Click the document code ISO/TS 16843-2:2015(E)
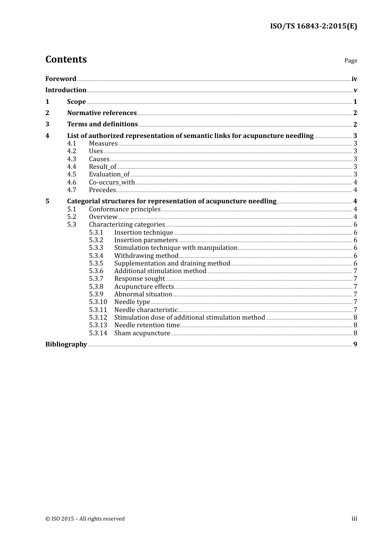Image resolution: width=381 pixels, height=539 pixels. pos(313,26)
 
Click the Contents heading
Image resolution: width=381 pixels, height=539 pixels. pos(66,59)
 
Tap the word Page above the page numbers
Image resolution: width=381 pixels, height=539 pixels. pos(351,61)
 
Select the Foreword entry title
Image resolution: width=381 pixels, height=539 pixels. pos(61,79)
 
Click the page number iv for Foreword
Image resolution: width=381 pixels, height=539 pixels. pos(354,79)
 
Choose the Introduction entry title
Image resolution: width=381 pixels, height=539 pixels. pos(66,90)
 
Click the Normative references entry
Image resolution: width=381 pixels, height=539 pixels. pos(102,113)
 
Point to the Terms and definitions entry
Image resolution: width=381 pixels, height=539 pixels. pos(102,124)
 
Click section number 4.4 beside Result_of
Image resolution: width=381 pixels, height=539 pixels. pos(71,167)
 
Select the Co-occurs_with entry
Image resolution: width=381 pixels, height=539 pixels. pos(112,182)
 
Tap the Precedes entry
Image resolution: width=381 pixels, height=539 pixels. pos(102,190)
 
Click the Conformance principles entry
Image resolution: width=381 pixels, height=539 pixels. pos(125,209)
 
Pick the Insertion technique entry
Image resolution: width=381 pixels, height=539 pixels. pos(144,233)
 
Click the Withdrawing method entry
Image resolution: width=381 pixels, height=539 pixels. pos(146,256)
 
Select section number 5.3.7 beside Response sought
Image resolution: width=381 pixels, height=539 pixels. pos(96,279)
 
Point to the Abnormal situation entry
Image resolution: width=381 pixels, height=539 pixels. pos(143,294)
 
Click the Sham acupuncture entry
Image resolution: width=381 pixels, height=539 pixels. pos(142,333)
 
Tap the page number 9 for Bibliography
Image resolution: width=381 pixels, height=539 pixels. pos(355,344)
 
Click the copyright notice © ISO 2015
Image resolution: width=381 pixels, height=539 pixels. pos(85,519)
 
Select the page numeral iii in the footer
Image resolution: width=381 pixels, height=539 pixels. pos(354,519)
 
